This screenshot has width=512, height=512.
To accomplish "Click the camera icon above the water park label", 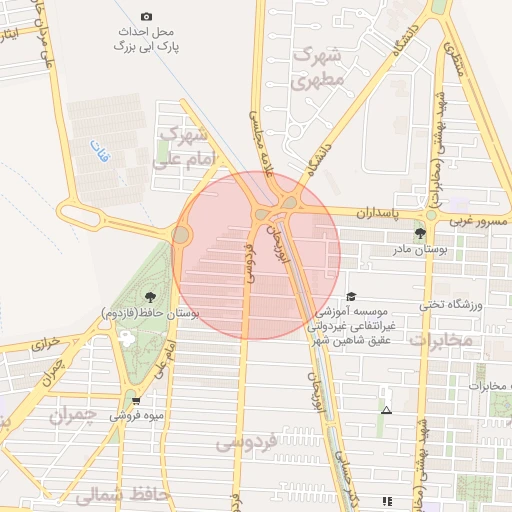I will pos(146,16).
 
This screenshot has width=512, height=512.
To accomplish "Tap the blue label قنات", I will pos(97,151).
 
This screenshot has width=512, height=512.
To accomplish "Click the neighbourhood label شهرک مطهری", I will pos(320,67).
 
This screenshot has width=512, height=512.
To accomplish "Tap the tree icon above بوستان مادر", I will pos(419,233).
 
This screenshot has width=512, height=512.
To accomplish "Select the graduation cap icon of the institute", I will pos(350,297).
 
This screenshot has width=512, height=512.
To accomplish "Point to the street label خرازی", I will pos(46,343).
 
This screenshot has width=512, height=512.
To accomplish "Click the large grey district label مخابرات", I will pos(440,341).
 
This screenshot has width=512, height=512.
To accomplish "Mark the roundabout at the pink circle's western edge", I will pos(181,235).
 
